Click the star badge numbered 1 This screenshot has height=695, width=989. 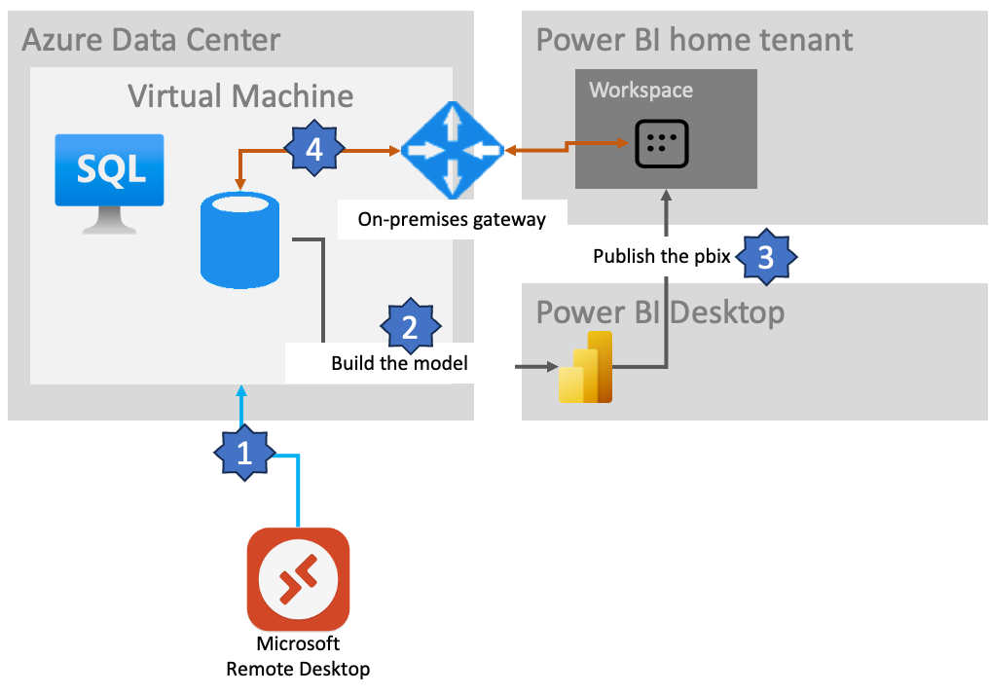[244, 453]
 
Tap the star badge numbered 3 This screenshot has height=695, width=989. [766, 257]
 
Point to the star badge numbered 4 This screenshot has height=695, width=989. [313, 150]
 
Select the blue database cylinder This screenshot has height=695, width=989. [239, 239]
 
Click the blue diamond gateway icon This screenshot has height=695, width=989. [450, 150]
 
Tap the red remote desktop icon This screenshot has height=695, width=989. [298, 578]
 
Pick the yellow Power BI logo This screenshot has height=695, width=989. [586, 367]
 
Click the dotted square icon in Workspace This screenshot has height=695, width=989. [662, 144]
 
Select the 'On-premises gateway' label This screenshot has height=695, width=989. [452, 220]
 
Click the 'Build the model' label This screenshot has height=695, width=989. [399, 364]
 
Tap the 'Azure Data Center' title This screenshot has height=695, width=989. [151, 40]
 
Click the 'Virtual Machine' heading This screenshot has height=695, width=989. [240, 95]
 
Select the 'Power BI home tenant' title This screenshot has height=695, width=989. [694, 40]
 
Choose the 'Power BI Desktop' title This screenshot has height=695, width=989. [660, 312]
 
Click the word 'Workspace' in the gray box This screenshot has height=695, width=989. [641, 91]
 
